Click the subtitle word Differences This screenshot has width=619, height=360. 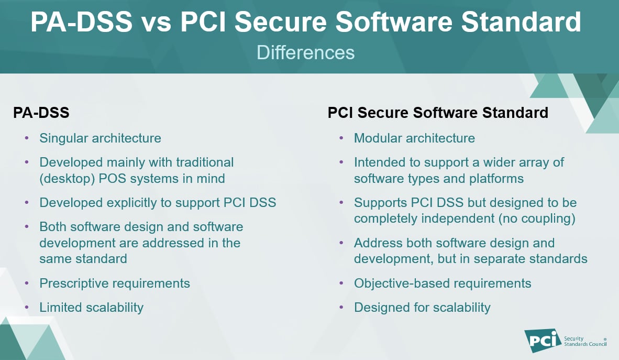coord(306,52)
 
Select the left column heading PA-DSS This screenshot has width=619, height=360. coord(41,112)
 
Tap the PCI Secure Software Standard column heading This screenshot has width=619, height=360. coord(438,112)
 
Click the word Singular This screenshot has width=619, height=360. coord(63,138)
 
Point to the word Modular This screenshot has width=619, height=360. coord(377,138)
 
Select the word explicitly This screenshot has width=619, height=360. coord(139,202)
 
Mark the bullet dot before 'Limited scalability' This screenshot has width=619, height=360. coord(27,307)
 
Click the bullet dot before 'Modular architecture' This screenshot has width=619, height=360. coord(341,138)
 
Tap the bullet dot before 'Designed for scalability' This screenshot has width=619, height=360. coord(341,307)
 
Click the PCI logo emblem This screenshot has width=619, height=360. coord(540,341)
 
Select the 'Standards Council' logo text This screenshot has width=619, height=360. coord(585,344)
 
